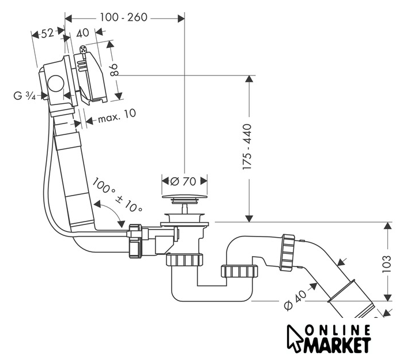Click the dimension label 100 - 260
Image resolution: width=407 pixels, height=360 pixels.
(124, 17)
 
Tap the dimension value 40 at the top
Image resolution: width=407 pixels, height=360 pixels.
(83, 33)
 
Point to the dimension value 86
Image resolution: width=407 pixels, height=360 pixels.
(114, 70)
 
